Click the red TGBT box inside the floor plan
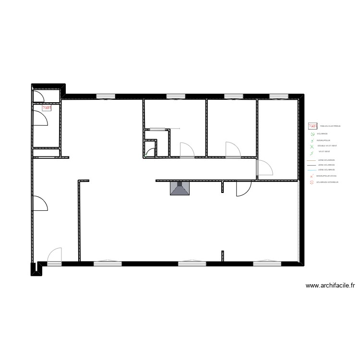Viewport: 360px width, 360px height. tap(47, 108)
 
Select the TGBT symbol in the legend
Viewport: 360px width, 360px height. tap(312, 126)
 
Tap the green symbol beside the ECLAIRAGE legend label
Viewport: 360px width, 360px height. tap(312, 135)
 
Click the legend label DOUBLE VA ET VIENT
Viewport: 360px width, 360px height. tap(327, 145)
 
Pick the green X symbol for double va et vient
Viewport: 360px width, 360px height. tap(312, 146)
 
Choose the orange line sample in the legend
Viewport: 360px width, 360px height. tap(311, 160)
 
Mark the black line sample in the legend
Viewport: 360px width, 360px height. tap(311, 165)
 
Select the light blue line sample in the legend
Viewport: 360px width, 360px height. tap(311, 170)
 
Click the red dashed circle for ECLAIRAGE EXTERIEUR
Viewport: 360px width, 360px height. tap(312, 182)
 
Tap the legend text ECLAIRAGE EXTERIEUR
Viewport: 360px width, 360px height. tap(327, 182)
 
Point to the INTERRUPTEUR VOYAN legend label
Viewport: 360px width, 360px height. tap(326, 176)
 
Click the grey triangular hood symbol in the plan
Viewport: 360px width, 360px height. tap(180, 189)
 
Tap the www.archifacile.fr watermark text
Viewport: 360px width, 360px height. tap(330, 286)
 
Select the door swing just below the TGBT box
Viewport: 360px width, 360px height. tap(40, 118)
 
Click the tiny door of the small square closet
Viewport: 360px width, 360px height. tap(150, 152)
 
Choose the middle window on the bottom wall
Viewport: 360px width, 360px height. tap(192, 263)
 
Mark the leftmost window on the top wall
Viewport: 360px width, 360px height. tap(106, 96)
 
